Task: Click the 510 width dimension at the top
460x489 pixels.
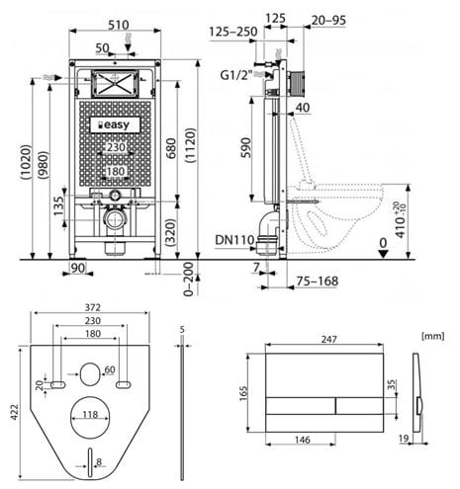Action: click(x=119, y=25)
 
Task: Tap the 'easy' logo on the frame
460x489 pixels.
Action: click(x=115, y=125)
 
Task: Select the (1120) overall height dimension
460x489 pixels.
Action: click(x=191, y=145)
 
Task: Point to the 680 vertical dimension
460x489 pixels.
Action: click(x=171, y=148)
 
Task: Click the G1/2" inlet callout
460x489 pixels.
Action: click(x=236, y=75)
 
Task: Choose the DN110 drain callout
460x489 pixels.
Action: click(x=234, y=240)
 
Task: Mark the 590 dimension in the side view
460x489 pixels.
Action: click(x=246, y=147)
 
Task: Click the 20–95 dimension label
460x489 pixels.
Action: click(x=328, y=21)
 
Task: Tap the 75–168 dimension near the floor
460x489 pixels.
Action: click(x=317, y=282)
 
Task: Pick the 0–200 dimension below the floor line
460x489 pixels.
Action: click(x=188, y=280)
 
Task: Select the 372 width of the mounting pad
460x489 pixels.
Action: click(x=93, y=307)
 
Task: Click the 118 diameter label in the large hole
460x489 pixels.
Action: click(x=90, y=414)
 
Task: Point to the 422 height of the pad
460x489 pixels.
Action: click(x=14, y=412)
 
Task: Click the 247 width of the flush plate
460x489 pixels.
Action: click(x=329, y=339)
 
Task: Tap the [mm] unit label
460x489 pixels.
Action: click(x=433, y=336)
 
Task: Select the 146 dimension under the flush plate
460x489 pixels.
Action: click(x=303, y=440)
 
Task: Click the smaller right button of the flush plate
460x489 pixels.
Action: click(x=360, y=406)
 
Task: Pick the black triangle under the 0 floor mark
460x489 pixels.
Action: click(x=383, y=254)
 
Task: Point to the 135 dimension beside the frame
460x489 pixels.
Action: click(x=58, y=206)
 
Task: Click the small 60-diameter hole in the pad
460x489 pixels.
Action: click(x=90, y=374)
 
